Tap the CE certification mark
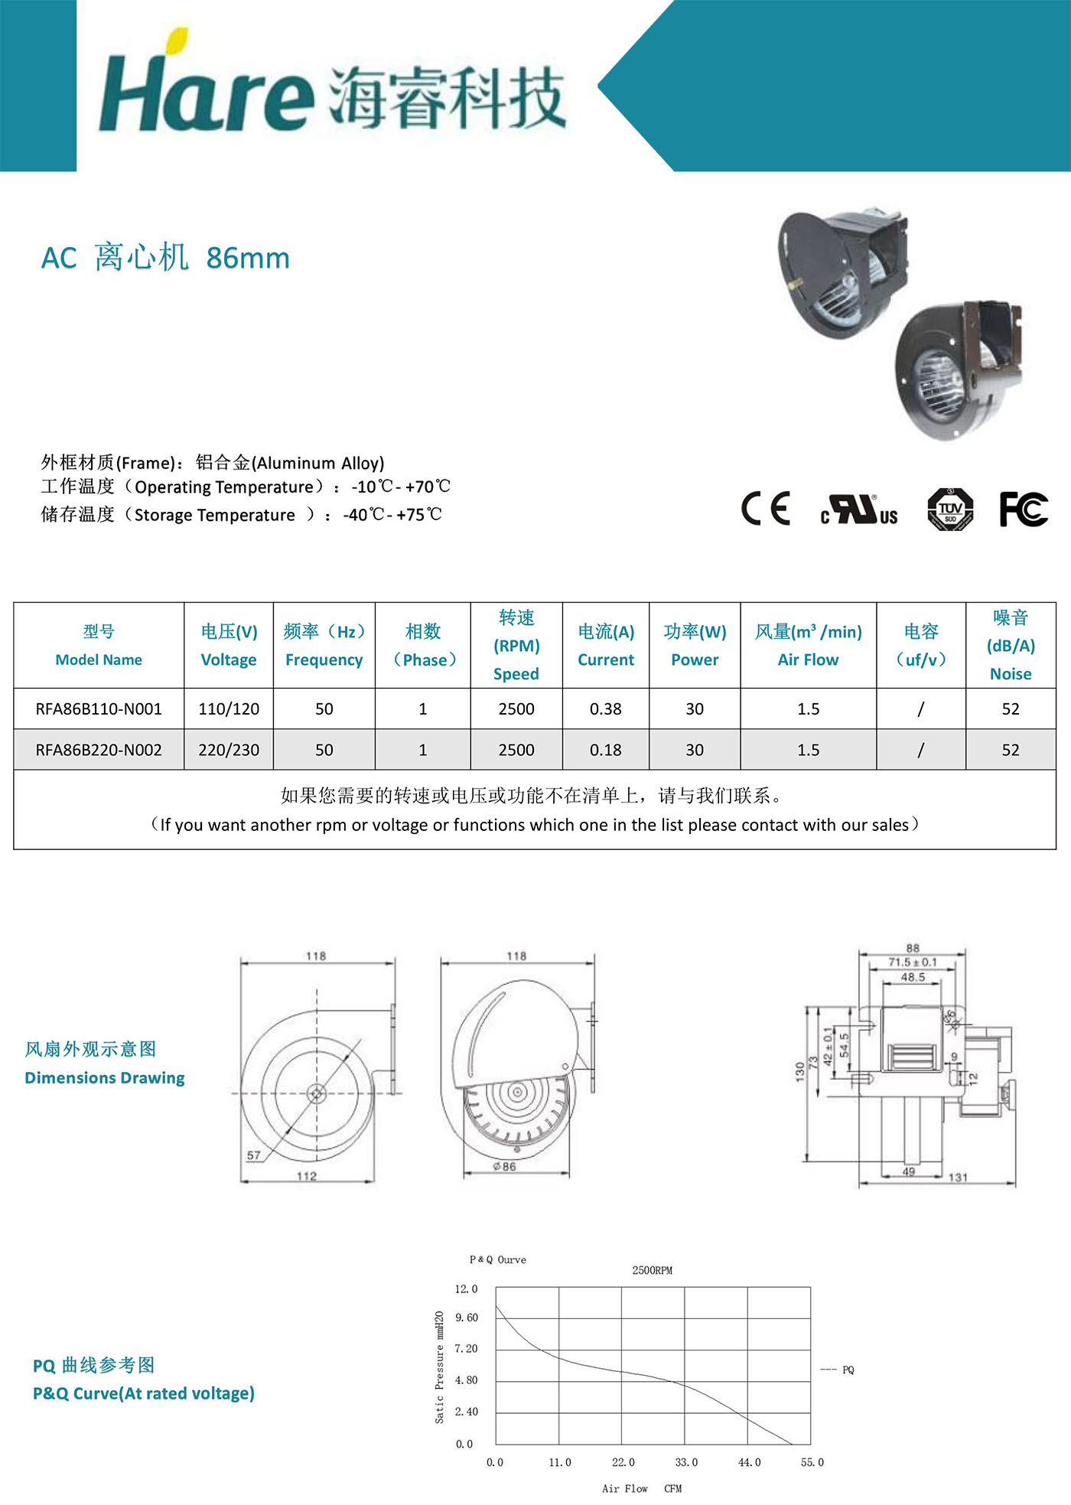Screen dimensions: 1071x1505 (765, 509)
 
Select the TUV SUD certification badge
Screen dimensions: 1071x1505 (950, 509)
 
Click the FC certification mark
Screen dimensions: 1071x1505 (1024, 509)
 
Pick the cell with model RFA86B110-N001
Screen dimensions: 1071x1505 (99, 709)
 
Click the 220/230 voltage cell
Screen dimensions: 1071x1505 (229, 750)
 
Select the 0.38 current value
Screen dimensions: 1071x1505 (606, 709)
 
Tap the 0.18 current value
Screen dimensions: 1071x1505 (606, 751)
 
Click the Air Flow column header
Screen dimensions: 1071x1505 (809, 645)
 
